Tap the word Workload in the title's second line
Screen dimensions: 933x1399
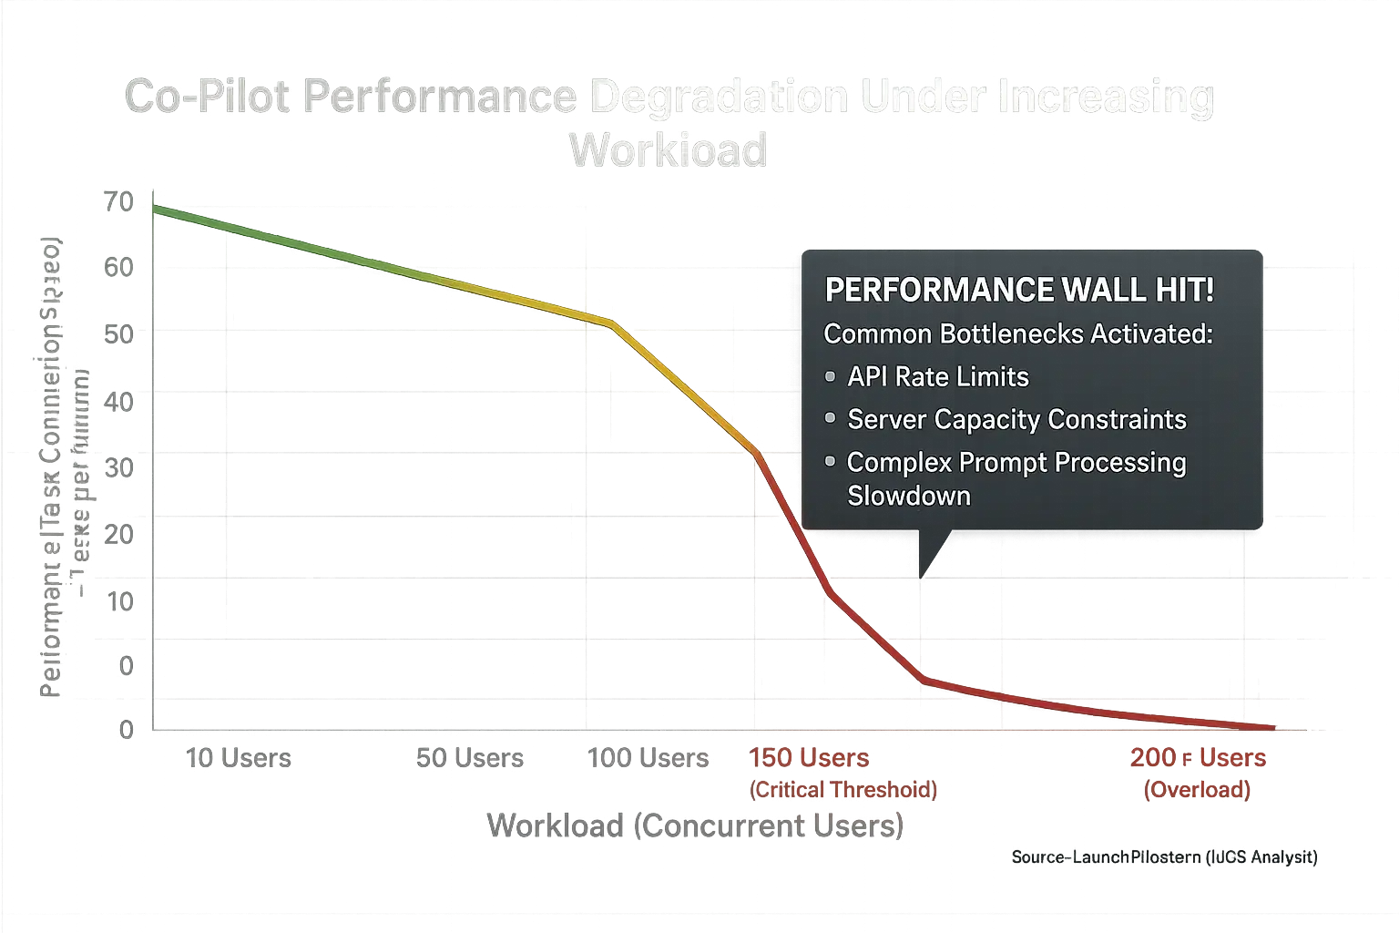pos(667,149)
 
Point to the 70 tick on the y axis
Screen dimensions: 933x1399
pos(119,201)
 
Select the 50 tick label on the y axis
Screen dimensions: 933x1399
pos(119,333)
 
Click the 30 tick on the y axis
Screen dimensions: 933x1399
pos(119,467)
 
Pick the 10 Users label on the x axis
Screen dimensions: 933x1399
pos(238,758)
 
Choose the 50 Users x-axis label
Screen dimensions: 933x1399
pos(470,758)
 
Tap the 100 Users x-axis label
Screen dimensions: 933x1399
pos(648,758)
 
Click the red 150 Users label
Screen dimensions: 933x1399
pos(810,758)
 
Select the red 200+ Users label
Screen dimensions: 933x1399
pos(1198,758)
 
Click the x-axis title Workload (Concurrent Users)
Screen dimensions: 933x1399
pos(695,825)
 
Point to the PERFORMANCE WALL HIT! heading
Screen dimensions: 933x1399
pos(1018,291)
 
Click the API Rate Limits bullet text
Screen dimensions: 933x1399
pos(937,377)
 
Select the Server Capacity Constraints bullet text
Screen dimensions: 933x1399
pos(1016,419)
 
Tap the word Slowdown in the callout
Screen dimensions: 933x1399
pos(908,496)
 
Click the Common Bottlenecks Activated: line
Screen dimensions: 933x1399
pos(1017,334)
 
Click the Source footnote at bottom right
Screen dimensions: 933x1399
pos(1164,856)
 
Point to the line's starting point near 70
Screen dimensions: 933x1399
pos(155,209)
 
